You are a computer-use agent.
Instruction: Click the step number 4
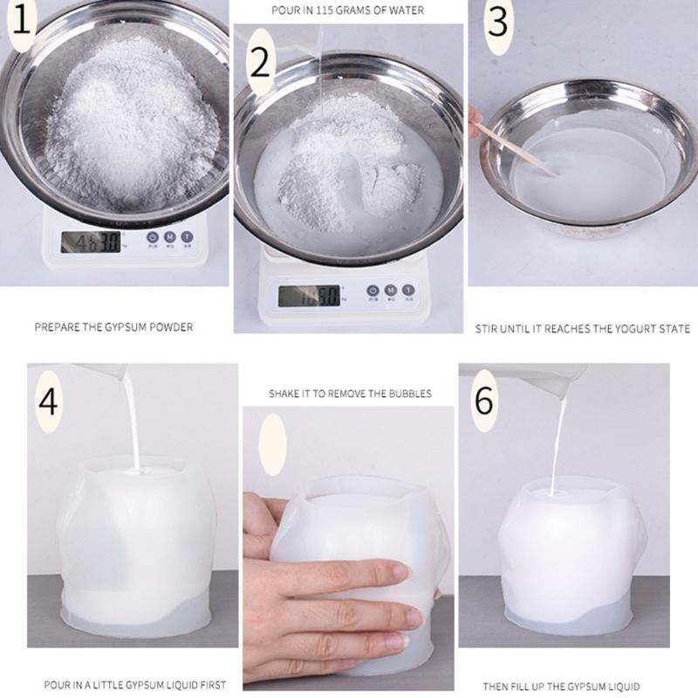coord(49,404)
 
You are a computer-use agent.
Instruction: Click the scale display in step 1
coord(90,241)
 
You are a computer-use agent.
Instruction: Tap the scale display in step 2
coord(308,295)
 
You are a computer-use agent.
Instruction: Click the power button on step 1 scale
coord(152,236)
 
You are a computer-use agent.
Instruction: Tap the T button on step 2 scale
coord(407,290)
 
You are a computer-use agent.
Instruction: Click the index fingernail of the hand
coord(400,573)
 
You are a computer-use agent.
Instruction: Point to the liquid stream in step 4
coord(133,419)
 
